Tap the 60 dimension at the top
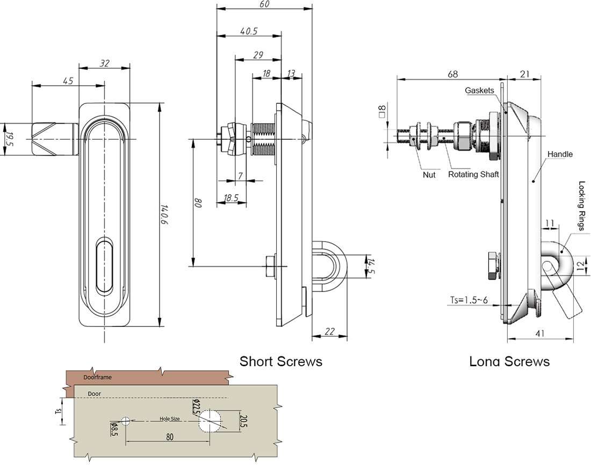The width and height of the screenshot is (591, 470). (264, 4)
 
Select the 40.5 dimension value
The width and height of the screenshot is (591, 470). (248, 31)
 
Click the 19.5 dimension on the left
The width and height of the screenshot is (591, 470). (9, 139)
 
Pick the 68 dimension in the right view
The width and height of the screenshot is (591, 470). (453, 74)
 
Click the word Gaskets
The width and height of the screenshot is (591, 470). (479, 90)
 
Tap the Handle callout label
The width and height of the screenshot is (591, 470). (560, 154)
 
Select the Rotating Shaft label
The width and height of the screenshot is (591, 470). (473, 174)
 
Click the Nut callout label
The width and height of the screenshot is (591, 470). (429, 175)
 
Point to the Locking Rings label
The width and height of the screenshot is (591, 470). (581, 206)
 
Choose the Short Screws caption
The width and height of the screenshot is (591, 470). (280, 361)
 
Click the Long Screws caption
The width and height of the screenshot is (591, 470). (509, 361)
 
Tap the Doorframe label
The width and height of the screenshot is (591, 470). (97, 378)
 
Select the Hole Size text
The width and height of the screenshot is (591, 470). (170, 418)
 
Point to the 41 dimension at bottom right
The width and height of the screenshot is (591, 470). (540, 333)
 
